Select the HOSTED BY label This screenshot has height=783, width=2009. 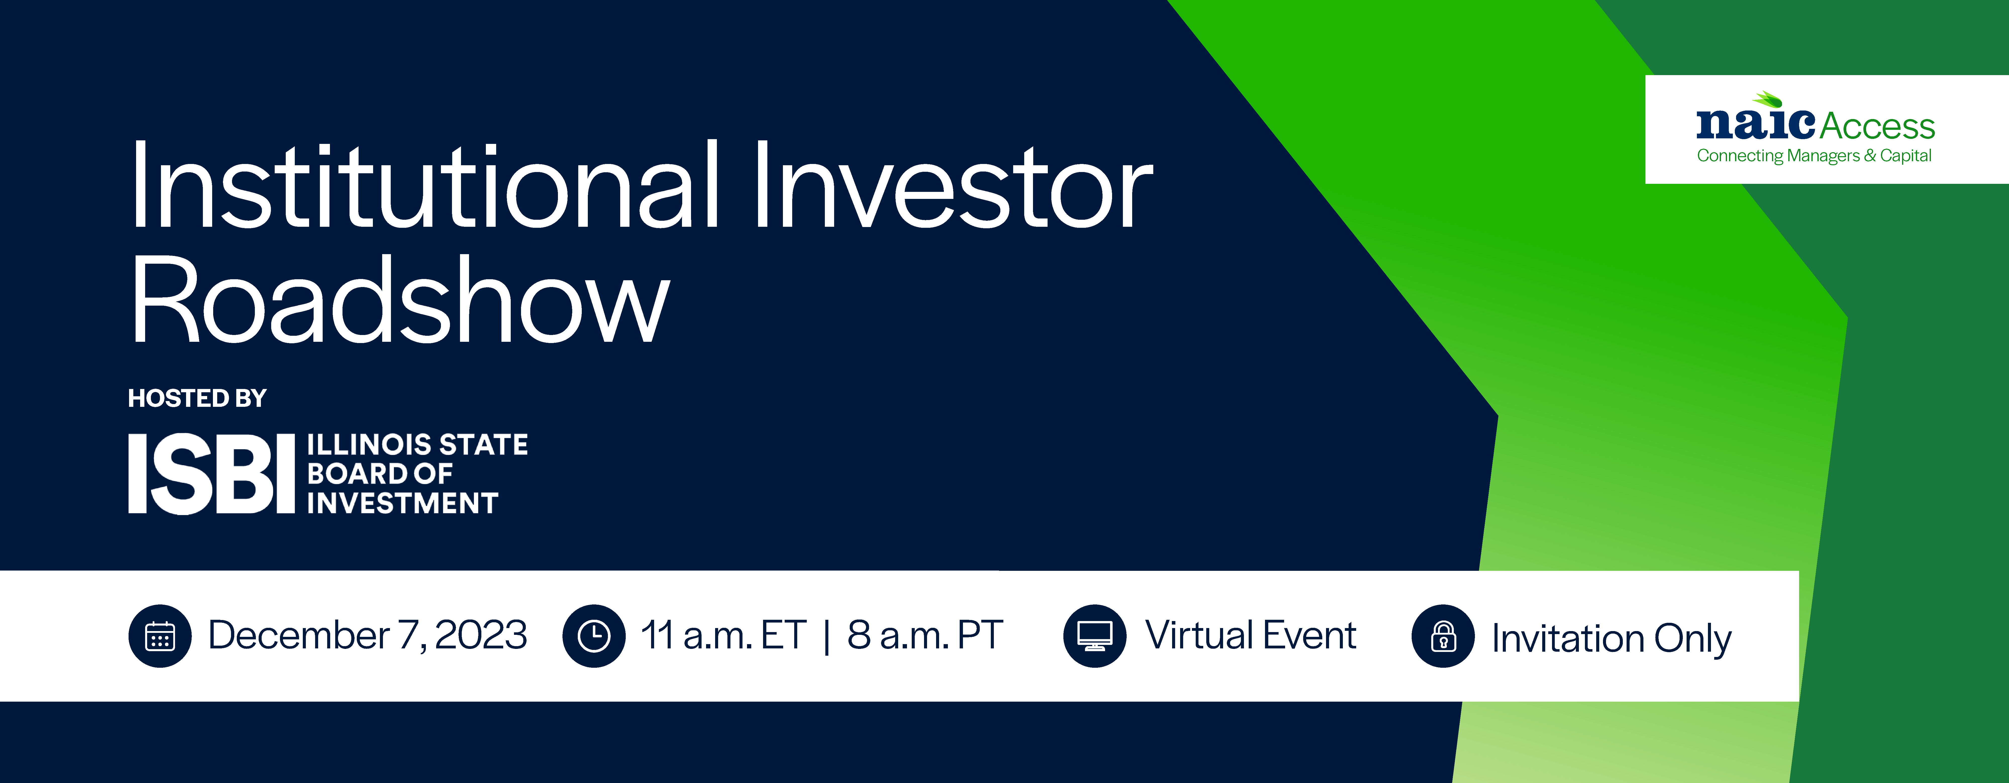(x=197, y=399)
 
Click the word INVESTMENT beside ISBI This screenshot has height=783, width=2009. (x=403, y=503)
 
